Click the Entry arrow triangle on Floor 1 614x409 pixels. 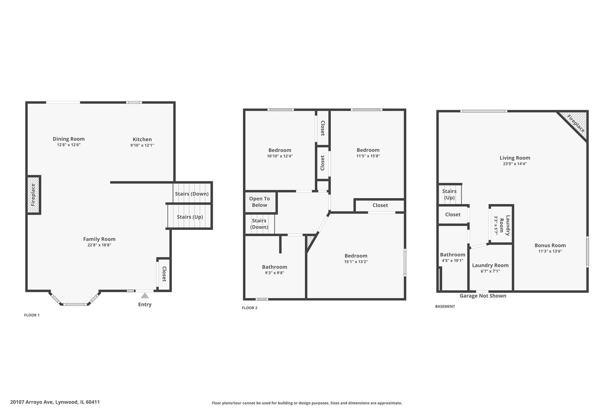[x=145, y=296]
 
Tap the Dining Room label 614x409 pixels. [x=69, y=139]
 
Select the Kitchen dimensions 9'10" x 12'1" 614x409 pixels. [x=142, y=145]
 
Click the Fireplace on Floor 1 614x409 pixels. [x=33, y=195]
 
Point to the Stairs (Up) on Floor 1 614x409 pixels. [x=190, y=217]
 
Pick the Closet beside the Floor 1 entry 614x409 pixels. [x=164, y=274]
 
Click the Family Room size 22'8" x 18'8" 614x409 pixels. [x=99, y=245]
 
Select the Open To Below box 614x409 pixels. [x=260, y=202]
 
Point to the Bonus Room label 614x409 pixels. [x=550, y=245]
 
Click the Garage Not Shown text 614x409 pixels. [x=483, y=296]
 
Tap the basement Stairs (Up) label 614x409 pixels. [x=449, y=194]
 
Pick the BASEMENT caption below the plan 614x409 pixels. [x=445, y=306]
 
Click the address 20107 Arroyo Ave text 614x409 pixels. [x=55, y=402]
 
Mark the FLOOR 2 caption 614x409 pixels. [x=249, y=308]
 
